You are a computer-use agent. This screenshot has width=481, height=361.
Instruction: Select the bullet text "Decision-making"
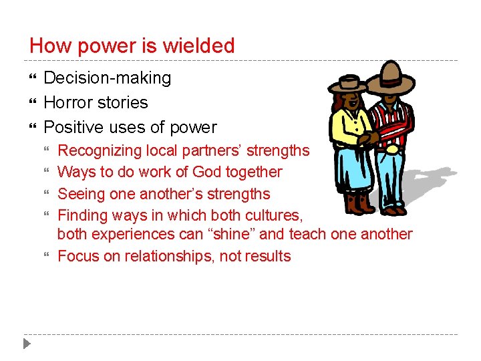pyautogui.click(x=107, y=78)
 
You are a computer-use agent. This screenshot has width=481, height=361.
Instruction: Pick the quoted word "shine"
pyautogui.click(x=240, y=234)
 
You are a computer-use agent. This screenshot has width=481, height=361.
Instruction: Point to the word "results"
pyautogui.click(x=267, y=256)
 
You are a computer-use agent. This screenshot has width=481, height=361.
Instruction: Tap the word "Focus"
pyautogui.click(x=78, y=256)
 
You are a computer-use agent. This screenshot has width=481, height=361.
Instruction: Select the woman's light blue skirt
pyautogui.click(x=351, y=167)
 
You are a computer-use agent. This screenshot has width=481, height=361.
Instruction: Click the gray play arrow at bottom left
pyautogui.click(x=26, y=344)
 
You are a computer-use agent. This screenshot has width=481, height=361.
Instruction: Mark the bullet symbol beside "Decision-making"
pyautogui.click(x=32, y=78)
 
